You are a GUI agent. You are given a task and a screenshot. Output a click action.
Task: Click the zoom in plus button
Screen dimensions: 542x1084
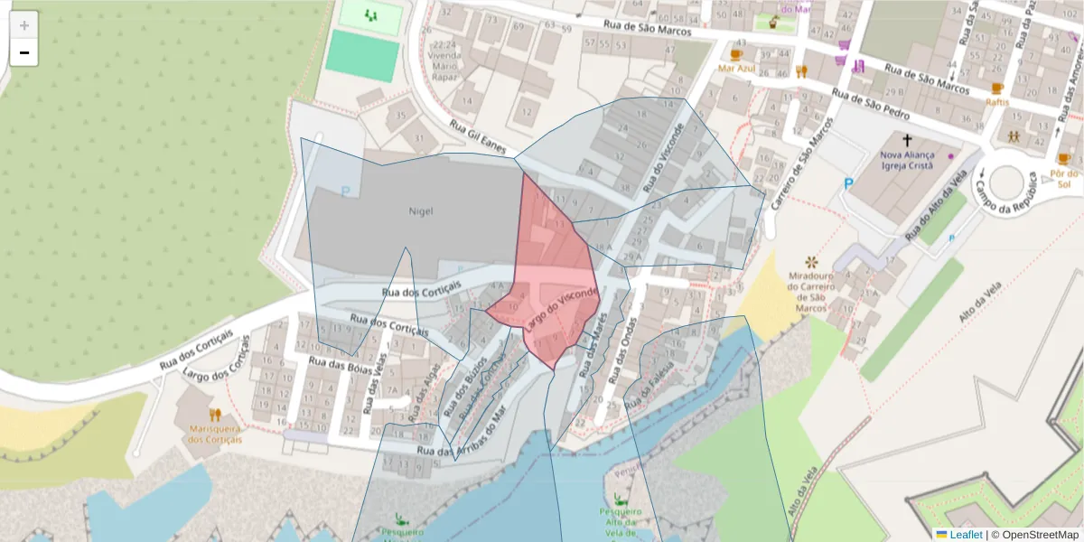(24, 25)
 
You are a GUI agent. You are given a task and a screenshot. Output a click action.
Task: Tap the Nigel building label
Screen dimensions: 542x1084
(420, 211)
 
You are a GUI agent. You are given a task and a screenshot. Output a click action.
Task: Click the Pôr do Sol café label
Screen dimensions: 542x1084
(1065, 178)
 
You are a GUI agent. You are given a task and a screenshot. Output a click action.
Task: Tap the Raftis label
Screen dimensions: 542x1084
(997, 102)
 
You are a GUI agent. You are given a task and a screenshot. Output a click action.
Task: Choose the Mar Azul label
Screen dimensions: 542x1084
(736, 68)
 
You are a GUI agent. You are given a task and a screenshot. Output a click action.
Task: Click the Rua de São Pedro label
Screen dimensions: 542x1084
(871, 107)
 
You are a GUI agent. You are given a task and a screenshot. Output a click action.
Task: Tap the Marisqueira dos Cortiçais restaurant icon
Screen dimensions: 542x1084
(215, 416)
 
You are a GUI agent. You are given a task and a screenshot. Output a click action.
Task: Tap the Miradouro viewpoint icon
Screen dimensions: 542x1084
(810, 262)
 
